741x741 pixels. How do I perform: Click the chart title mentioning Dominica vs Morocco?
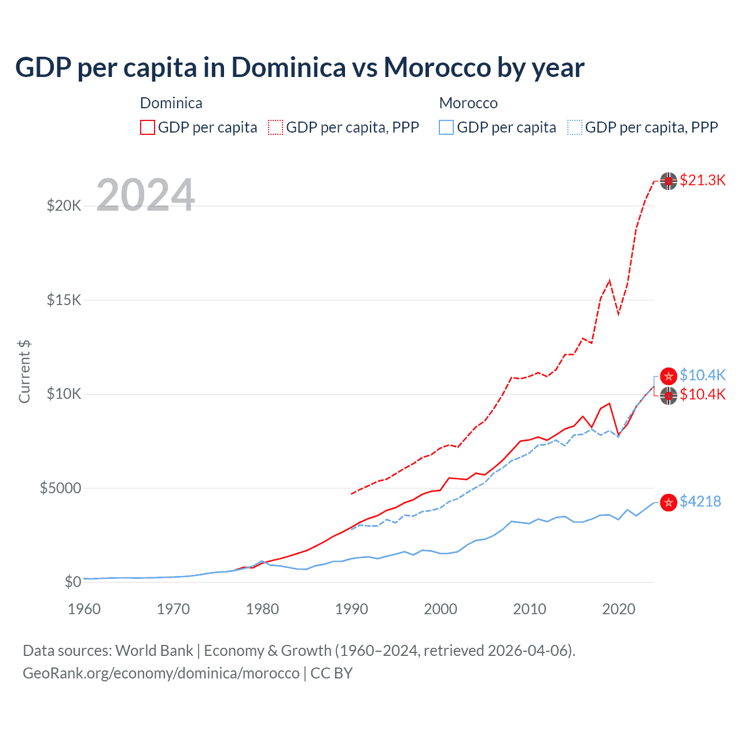point(299,68)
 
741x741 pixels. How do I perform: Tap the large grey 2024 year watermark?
point(145,195)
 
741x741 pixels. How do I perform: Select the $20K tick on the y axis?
point(64,206)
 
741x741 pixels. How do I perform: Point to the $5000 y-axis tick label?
point(60,488)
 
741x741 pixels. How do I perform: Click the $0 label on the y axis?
point(72,582)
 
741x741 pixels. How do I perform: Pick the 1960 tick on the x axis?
point(84,609)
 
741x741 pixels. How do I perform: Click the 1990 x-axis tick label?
point(351,609)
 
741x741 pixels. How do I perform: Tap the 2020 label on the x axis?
point(619,609)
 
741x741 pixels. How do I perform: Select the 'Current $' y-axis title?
point(24,372)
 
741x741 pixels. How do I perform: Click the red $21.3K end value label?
point(702,180)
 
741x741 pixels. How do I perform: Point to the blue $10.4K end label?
point(702,375)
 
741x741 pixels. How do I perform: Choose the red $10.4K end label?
point(702,394)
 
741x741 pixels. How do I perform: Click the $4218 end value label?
point(700,501)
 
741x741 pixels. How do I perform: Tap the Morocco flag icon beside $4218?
point(669,502)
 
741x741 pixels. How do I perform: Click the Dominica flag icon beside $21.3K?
point(669,181)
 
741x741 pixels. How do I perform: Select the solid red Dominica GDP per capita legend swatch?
point(148,127)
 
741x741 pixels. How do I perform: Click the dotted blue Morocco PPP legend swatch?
point(574,127)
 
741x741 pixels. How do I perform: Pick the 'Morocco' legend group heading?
point(468,103)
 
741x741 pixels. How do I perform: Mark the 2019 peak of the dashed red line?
point(610,280)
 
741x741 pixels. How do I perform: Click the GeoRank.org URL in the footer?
point(161,673)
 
